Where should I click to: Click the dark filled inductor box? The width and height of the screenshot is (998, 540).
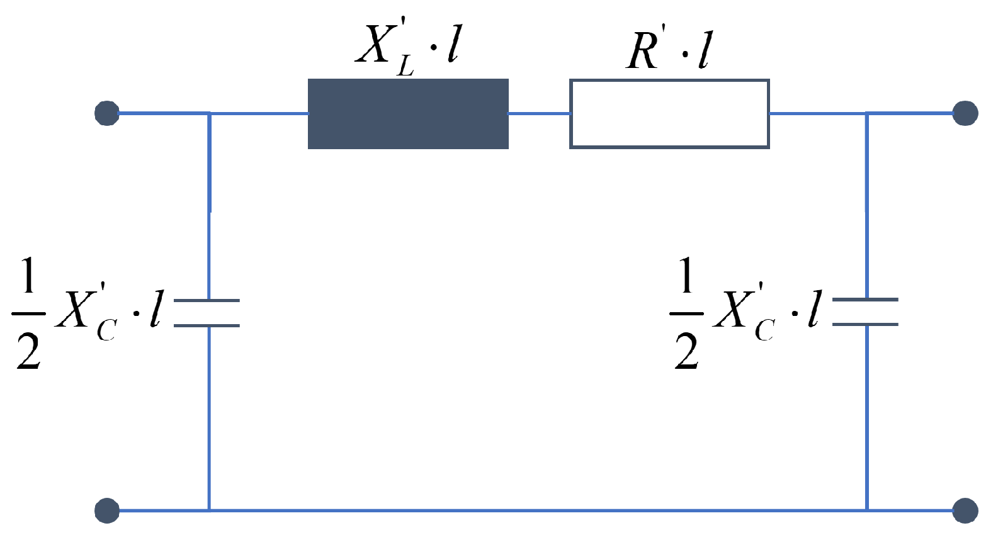[408, 114]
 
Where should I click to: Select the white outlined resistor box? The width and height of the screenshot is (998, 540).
[669, 114]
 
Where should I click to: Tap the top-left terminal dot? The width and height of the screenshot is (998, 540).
[107, 113]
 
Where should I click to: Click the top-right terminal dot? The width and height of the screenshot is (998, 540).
[965, 113]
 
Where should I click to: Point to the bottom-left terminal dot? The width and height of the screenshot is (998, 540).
[107, 510]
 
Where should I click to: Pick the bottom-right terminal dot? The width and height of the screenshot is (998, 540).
[965, 510]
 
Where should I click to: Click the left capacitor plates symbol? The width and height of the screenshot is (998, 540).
[207, 313]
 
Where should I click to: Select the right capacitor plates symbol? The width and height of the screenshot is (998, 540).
[866, 312]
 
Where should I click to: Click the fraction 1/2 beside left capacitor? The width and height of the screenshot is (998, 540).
[28, 313]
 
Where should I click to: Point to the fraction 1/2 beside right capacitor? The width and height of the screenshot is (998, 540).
[686, 313]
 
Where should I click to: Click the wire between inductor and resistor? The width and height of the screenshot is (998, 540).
[539, 114]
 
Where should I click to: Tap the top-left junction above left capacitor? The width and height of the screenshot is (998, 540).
[209, 113]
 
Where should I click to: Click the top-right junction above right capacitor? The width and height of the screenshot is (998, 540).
[867, 113]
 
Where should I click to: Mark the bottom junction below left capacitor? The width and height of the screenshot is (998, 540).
[209, 510]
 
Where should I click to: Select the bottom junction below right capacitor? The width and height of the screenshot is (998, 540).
[867, 510]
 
